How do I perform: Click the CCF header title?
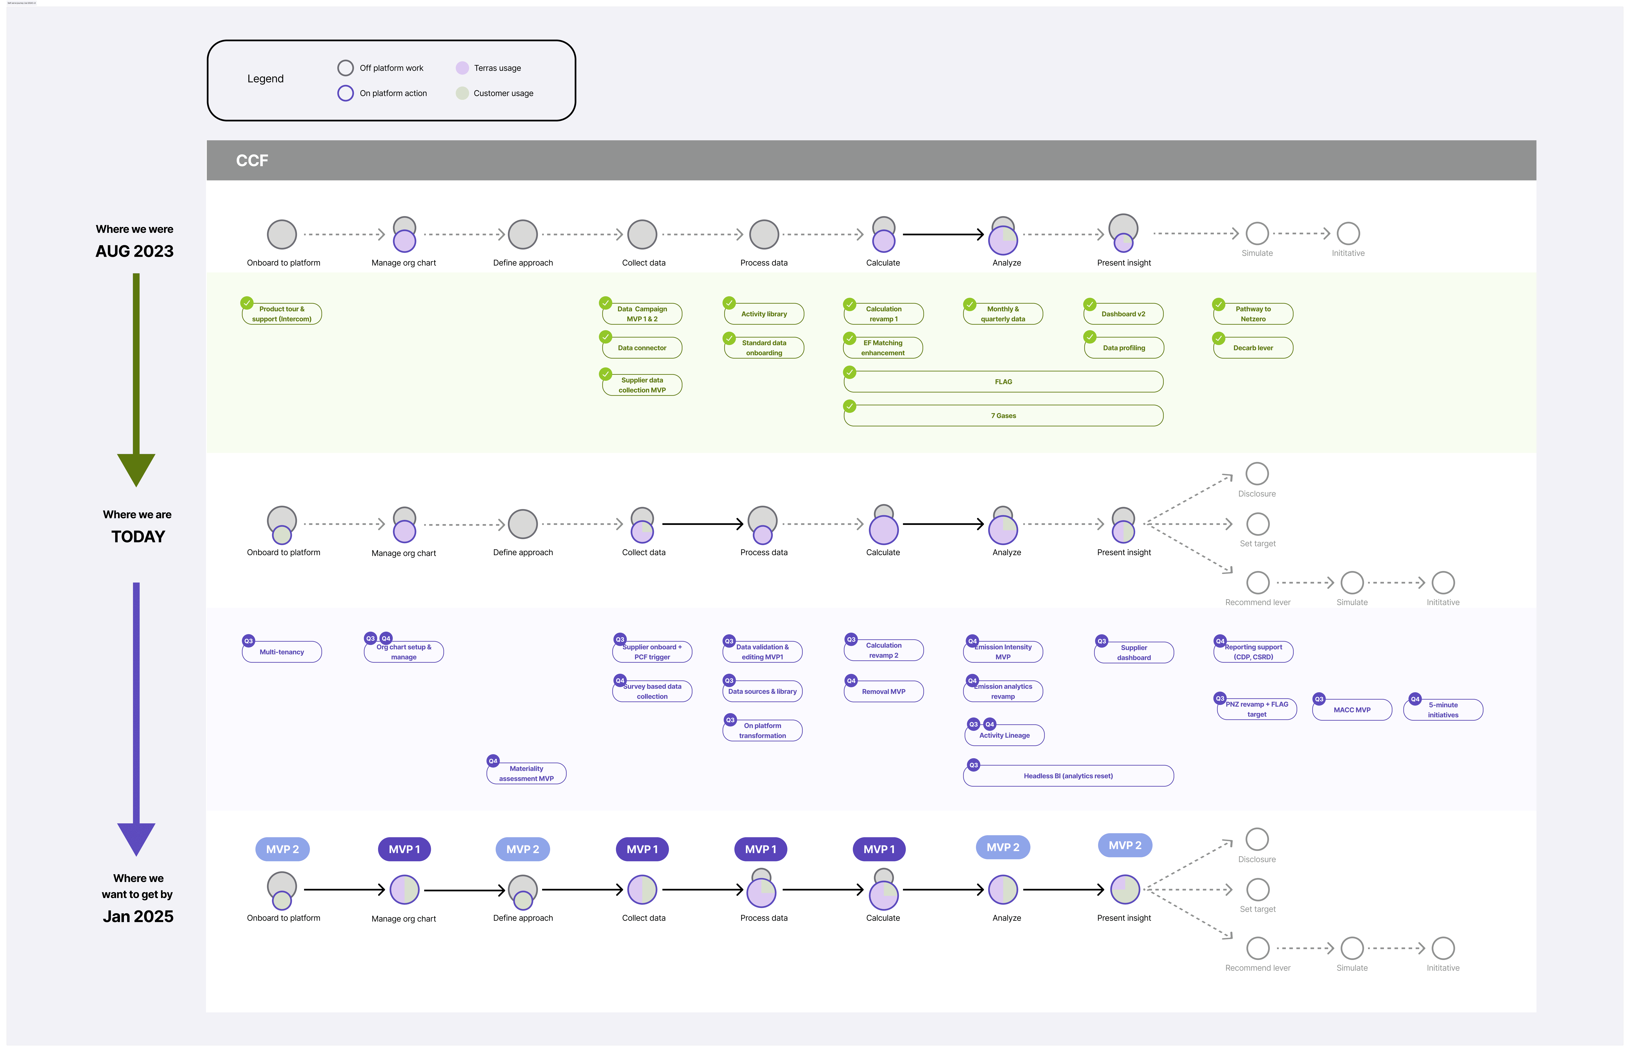click(252, 160)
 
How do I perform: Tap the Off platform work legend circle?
click(346, 68)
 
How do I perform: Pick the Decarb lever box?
click(1253, 348)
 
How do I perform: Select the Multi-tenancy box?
click(281, 652)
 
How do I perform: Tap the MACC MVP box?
click(1352, 710)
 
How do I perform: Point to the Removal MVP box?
click(883, 691)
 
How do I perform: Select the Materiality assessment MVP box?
click(526, 773)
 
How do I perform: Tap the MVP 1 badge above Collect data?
click(642, 849)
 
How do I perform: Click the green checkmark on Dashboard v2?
click(1090, 304)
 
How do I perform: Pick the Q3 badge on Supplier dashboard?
click(1101, 641)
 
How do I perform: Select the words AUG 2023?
click(135, 251)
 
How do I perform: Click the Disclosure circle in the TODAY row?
click(1257, 473)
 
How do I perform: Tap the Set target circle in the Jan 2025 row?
click(1258, 889)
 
